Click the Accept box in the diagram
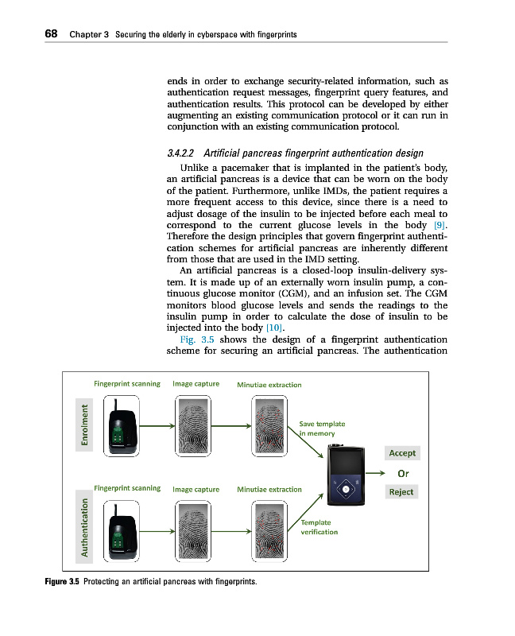(x=401, y=452)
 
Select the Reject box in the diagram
(x=401, y=491)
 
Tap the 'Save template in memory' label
(x=322, y=429)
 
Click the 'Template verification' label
(x=319, y=527)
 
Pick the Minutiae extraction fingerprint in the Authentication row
(x=269, y=529)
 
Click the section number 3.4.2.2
(x=182, y=153)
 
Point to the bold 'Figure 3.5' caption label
(x=61, y=583)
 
